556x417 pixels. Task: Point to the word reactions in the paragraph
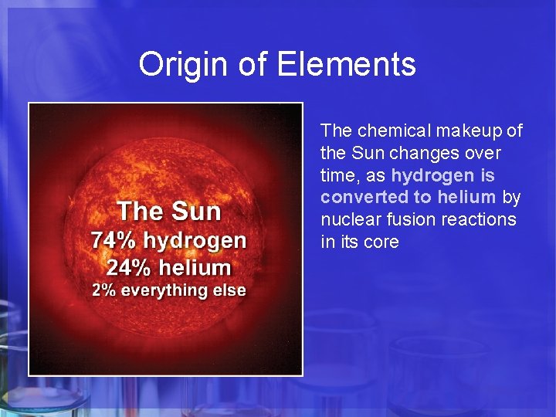tap(478, 220)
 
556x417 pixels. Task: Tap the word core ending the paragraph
tap(381, 242)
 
